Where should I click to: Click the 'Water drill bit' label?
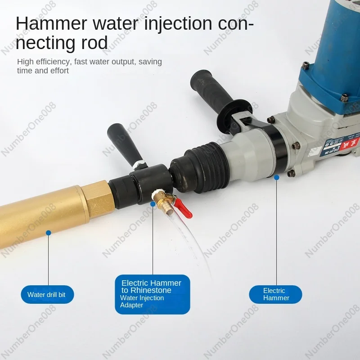click(x=47, y=295)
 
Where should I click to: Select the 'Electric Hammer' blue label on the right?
click(x=275, y=294)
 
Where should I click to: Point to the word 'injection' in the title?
click(x=178, y=24)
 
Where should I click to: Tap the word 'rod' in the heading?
click(x=94, y=43)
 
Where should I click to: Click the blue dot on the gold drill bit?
click(x=48, y=233)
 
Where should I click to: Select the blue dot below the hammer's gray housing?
click(x=277, y=177)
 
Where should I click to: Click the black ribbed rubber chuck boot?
click(x=198, y=162)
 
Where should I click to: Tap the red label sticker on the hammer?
click(x=347, y=148)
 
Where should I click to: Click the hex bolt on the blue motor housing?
click(x=343, y=98)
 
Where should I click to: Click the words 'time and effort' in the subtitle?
click(x=43, y=71)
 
